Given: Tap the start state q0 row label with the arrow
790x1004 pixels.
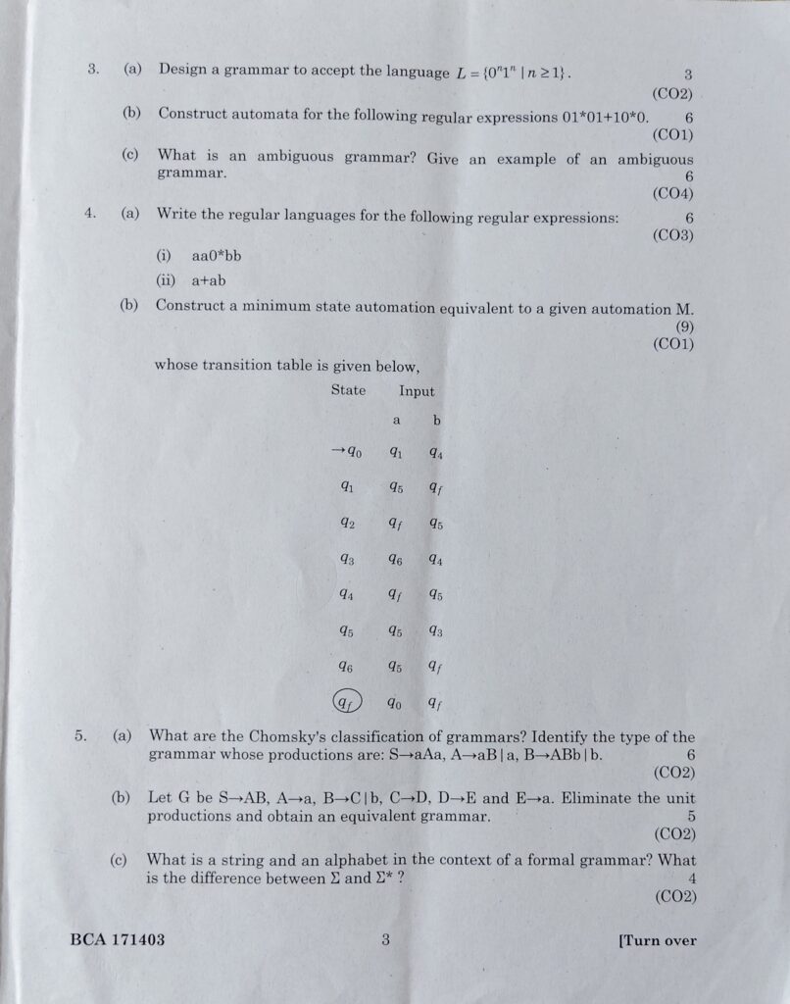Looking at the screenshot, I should point(347,452).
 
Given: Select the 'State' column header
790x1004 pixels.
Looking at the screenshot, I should point(348,390).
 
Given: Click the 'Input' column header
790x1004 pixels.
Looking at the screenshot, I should point(417,390).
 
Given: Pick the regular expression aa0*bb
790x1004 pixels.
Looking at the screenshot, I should point(217,256).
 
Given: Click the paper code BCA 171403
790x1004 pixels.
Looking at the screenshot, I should point(118,940).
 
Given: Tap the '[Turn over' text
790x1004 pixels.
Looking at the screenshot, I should point(658,940).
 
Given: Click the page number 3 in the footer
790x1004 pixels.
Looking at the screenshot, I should point(386,940).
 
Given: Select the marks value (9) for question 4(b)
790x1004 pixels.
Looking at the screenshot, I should point(684,326).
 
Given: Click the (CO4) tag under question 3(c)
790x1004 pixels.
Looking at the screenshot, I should point(672,194).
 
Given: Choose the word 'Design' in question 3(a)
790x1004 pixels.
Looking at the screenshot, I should point(181,70).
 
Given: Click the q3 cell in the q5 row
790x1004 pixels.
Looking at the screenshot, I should point(435,631).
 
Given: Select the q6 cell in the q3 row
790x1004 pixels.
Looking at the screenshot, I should point(395,560).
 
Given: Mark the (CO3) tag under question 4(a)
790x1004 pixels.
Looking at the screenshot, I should point(672,236).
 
